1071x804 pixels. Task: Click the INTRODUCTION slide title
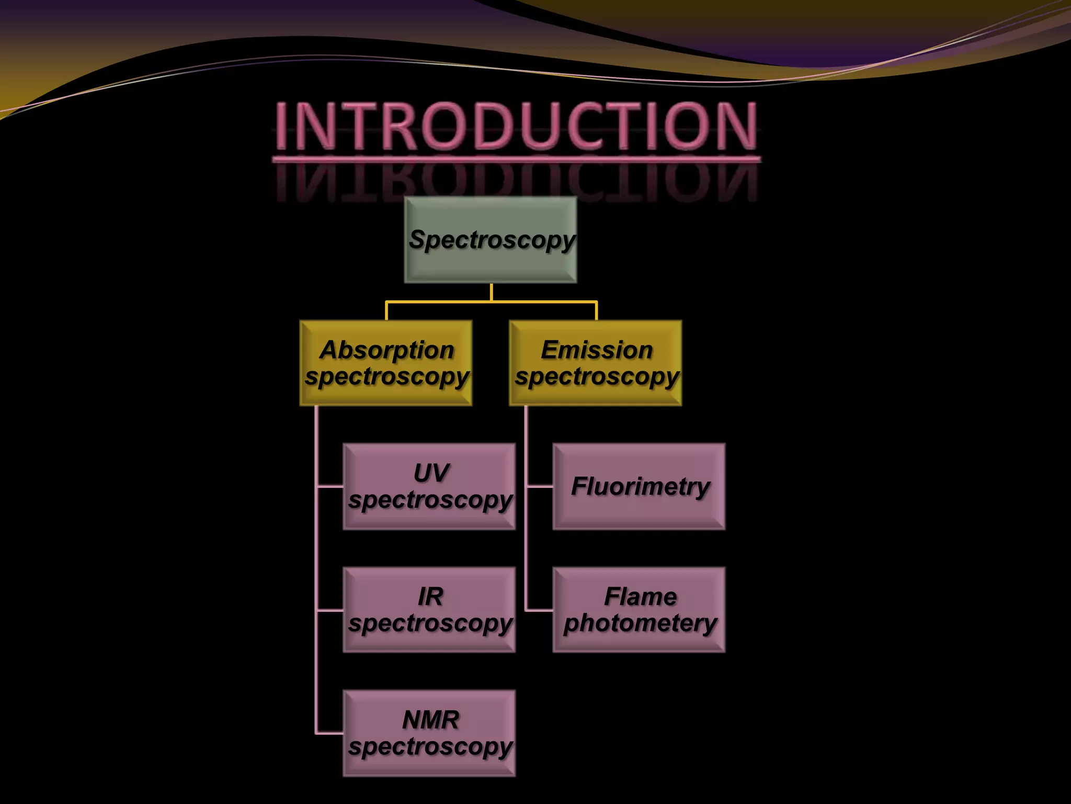coord(517,126)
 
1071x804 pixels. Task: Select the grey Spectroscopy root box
coord(491,240)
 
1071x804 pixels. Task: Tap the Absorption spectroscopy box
coord(386,363)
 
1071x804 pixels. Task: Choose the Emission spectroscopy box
coord(596,363)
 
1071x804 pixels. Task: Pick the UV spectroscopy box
coord(429,486)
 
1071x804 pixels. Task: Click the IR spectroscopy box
coord(429,610)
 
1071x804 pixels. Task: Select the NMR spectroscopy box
coord(429,733)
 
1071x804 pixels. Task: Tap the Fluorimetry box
coord(639,486)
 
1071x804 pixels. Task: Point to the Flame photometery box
coord(639,610)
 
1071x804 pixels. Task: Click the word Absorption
coord(387,350)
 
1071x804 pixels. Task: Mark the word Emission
coord(597,350)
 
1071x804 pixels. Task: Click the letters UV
coord(431,473)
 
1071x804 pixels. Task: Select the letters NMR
coord(431,720)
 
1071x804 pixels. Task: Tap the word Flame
coord(641,597)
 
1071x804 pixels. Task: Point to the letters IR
coord(430,597)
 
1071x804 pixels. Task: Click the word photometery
coord(640,623)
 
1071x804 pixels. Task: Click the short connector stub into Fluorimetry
coord(540,486)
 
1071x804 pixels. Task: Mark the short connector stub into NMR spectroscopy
coord(330,733)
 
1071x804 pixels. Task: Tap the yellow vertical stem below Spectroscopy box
coord(491,293)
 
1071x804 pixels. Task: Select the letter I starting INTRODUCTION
coord(282,126)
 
